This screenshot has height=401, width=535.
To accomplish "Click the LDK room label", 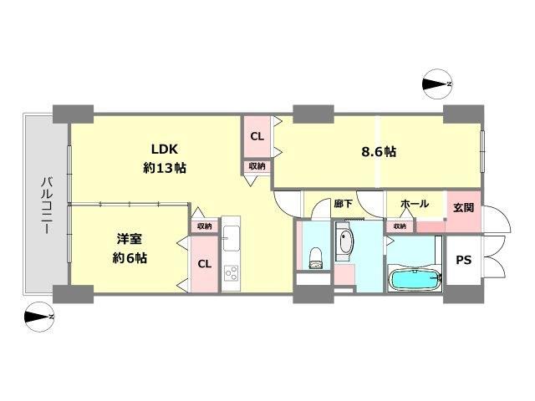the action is (165, 149).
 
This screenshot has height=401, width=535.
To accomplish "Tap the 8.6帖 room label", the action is (379, 151).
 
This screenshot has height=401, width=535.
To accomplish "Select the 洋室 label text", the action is (130, 239).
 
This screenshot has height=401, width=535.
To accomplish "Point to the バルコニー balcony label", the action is (47, 205).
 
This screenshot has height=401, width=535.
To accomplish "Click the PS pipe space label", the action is (464, 260).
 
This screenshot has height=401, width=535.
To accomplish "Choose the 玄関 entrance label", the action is (464, 207).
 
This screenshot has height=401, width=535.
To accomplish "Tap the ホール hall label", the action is (415, 204).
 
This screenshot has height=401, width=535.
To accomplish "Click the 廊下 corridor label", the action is (344, 204).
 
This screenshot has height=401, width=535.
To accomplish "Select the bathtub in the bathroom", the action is (415, 280).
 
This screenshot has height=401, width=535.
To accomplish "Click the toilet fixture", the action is (316, 258).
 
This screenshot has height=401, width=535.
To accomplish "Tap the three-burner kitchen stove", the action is (231, 272).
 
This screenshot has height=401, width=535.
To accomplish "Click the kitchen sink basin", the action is (231, 238).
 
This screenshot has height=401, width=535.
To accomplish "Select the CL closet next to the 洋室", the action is (204, 264).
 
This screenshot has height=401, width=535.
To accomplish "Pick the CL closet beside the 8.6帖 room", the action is (257, 137).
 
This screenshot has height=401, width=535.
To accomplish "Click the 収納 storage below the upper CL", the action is (257, 166).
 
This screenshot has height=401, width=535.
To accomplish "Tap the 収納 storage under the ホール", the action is (400, 226).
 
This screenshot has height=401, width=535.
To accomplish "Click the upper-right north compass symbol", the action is (437, 84).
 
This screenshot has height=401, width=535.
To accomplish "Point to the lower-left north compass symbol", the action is (39, 317).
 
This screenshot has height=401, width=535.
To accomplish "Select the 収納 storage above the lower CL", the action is (204, 226).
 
